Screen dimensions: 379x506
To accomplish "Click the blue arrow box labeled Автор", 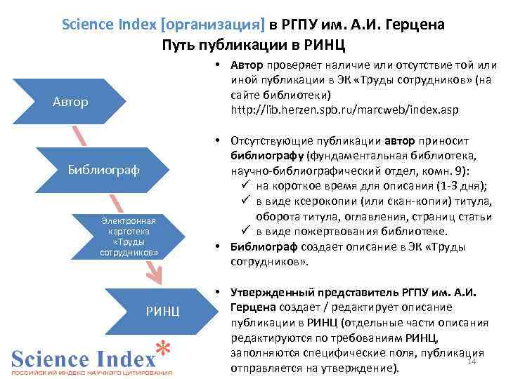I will [70, 102].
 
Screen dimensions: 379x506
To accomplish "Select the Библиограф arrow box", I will [103, 169].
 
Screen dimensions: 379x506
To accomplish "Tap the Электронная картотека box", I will [129, 236].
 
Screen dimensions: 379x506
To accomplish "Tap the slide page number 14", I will [472, 361].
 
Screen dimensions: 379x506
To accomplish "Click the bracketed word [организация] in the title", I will [213, 25].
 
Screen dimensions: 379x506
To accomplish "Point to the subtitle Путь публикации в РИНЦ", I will [253, 46].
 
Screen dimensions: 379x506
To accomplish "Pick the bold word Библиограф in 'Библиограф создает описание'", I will [264, 246].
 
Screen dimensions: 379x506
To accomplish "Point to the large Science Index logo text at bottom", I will [83, 359].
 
